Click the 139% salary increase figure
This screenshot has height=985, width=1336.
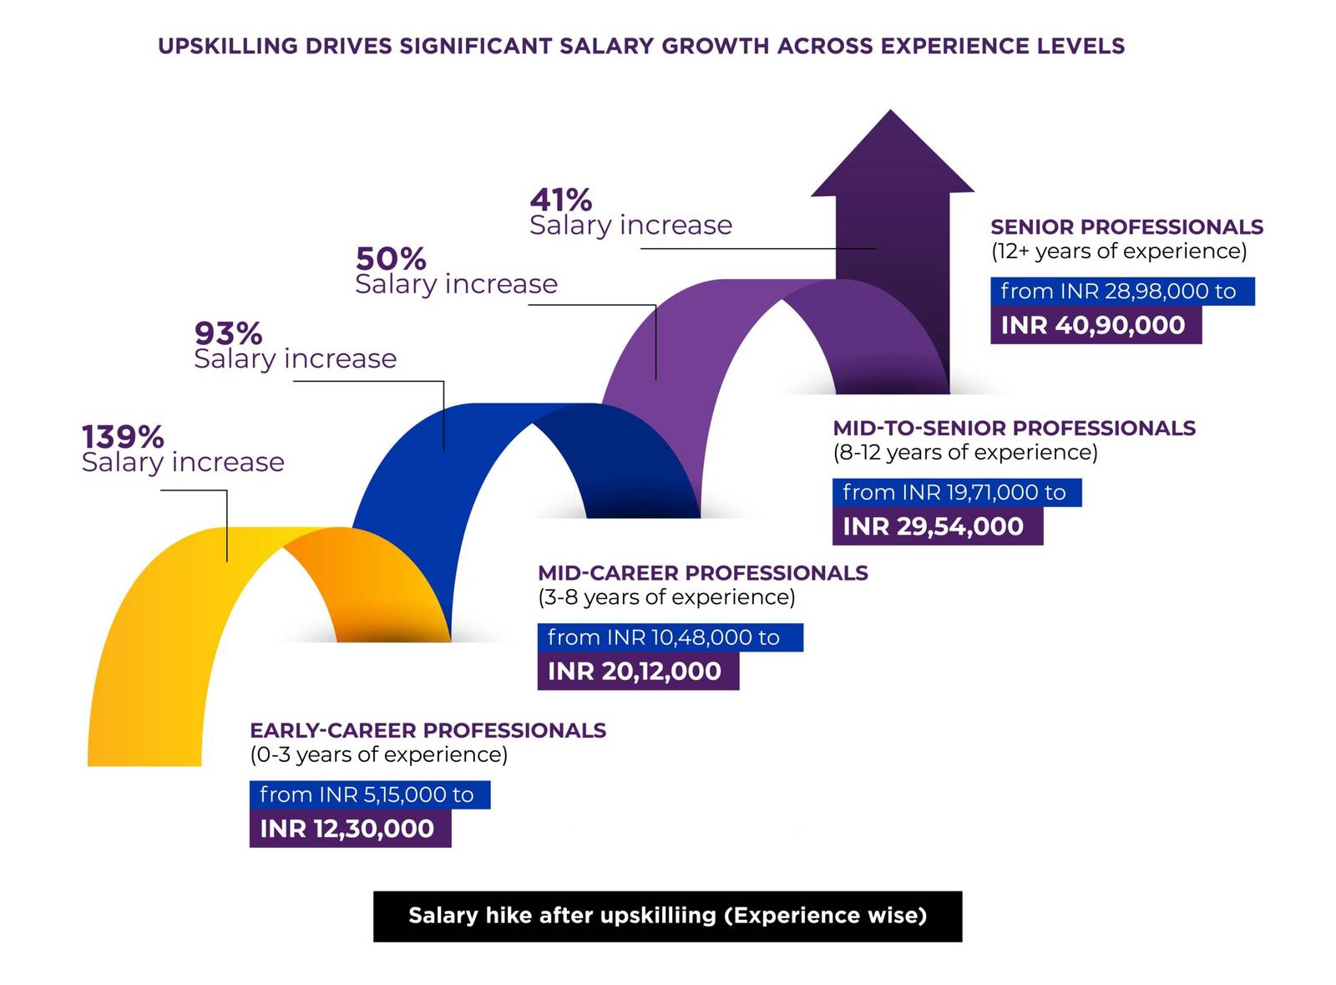(123, 437)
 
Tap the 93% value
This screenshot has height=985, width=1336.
(228, 333)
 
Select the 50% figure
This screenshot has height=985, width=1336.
(390, 258)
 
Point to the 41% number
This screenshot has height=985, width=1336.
(560, 201)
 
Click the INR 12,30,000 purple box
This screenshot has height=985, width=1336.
(350, 829)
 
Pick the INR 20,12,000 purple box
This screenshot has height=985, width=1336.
(638, 672)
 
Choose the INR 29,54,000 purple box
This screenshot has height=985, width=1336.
(937, 526)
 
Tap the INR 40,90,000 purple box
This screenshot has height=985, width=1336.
(1096, 325)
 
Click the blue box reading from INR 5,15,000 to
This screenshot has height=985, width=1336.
(369, 795)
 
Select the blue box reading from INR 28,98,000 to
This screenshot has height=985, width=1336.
(1121, 292)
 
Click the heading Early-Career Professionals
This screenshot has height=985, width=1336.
(428, 730)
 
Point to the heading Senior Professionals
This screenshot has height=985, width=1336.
(1126, 227)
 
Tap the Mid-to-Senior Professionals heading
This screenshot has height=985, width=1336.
(1014, 429)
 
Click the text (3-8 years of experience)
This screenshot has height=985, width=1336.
(665, 597)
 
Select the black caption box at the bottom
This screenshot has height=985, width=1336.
(667, 916)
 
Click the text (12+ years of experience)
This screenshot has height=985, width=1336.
(1118, 251)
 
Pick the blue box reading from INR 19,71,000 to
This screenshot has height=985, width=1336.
(956, 493)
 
